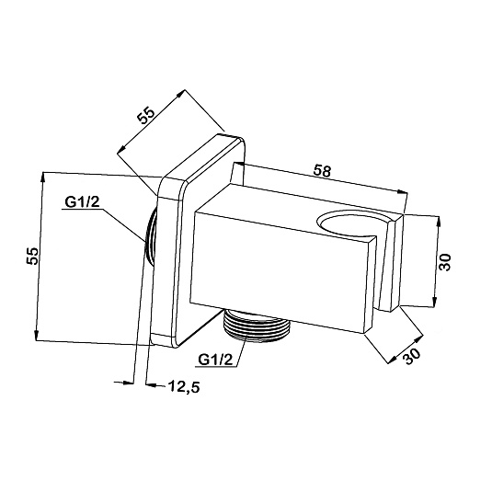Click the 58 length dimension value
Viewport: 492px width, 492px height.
[x=322, y=171]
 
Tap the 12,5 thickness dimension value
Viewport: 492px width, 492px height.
[x=184, y=386]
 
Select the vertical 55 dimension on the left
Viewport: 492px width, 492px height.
[x=32, y=256]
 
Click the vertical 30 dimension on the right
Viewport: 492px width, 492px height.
[x=444, y=262]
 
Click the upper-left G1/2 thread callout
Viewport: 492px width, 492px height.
[x=82, y=201]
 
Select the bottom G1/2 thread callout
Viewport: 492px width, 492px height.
[x=216, y=360]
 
